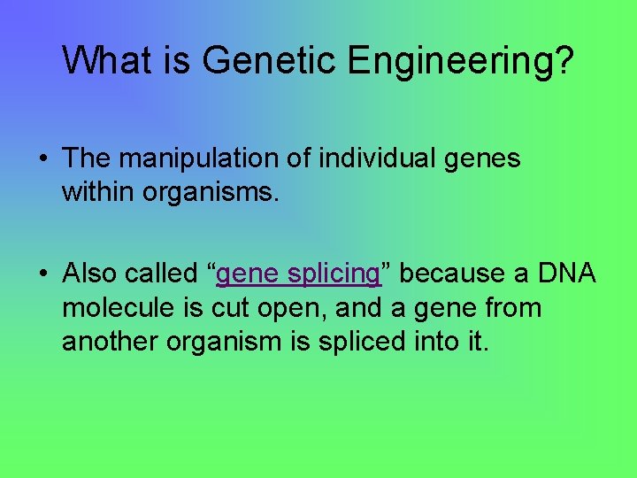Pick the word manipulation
click(203, 159)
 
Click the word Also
click(90, 274)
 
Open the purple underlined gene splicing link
click(298, 275)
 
